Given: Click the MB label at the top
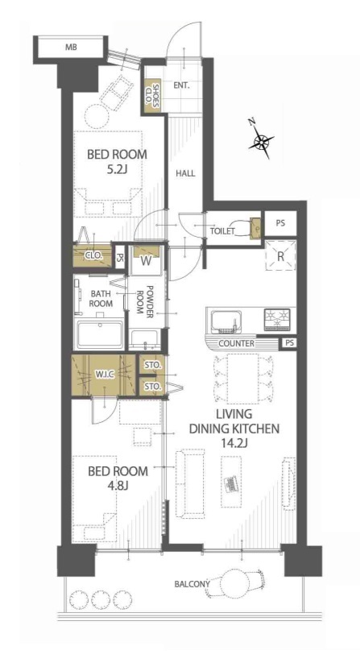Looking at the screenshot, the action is click(71, 48).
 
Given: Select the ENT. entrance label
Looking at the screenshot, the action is click(181, 85).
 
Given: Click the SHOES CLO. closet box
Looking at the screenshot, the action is click(153, 97).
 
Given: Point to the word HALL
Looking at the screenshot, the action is click(186, 173).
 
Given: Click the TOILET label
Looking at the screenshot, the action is click(222, 231).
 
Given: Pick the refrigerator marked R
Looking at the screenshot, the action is click(280, 255).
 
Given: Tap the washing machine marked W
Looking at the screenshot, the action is click(146, 259).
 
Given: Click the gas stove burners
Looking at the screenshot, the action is click(277, 320).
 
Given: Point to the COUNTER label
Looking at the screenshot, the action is click(236, 343).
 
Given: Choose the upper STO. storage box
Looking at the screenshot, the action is click(153, 365).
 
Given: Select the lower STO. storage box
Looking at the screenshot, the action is click(153, 386).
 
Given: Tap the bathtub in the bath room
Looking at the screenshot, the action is click(100, 333).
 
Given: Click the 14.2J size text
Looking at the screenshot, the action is click(234, 444).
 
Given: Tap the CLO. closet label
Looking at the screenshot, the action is click(93, 256).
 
